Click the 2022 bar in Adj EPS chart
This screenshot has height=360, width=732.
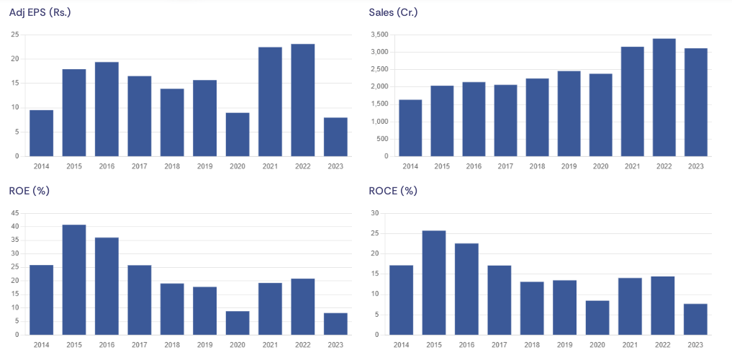pos(302,100)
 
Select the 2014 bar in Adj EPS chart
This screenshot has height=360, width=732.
pos(41,133)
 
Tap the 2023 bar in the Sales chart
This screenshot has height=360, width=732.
pos(695,102)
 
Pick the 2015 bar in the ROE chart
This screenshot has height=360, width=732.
pos(74,280)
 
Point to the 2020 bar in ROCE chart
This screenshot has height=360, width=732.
pos(597,318)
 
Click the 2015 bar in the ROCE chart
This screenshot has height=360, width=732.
pos(434,283)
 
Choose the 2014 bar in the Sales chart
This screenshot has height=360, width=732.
pos(410,128)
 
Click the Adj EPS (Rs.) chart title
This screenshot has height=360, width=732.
pos(40,12)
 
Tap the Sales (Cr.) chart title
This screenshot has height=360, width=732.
pos(393,12)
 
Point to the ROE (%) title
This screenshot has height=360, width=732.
pos(29,191)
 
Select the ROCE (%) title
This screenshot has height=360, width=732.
pos(393,191)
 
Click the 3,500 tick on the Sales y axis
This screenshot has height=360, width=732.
pos(379,35)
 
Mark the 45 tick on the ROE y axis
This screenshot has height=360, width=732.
pos(15,213)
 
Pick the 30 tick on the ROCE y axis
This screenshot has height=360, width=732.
pos(374,213)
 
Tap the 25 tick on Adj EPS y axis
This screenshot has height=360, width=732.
pos(15,35)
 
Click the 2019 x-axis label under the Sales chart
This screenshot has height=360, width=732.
pos(569,166)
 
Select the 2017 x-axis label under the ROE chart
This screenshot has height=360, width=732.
pos(140,345)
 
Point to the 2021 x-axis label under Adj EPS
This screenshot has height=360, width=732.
pos(270,166)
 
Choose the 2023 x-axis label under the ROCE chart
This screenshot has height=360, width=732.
pos(695,345)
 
